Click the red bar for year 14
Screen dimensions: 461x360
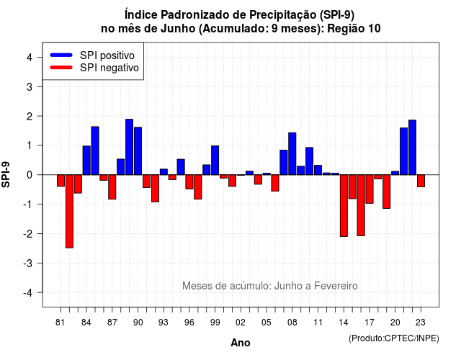click(344, 205)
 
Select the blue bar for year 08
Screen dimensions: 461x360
click(292, 153)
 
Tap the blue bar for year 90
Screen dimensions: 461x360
click(138, 150)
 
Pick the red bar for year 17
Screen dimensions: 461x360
click(370, 189)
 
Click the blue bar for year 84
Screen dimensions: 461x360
click(86, 160)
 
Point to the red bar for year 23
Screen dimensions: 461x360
click(421, 181)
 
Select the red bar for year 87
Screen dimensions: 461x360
click(112, 187)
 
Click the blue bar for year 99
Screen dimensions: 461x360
click(215, 160)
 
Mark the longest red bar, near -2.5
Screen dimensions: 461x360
click(69, 211)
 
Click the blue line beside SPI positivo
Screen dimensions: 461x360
click(61, 55)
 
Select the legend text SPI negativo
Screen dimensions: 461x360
click(109, 68)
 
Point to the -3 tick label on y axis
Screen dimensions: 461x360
click(28, 264)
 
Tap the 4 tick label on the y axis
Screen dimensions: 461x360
click(30, 58)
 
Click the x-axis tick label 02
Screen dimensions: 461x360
click(241, 323)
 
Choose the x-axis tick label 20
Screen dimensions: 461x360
click(395, 323)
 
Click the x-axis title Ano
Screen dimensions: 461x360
click(241, 343)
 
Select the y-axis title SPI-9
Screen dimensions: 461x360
click(6, 174)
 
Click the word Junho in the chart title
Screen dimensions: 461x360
click(178, 29)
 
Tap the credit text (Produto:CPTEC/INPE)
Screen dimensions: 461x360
click(394, 338)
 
